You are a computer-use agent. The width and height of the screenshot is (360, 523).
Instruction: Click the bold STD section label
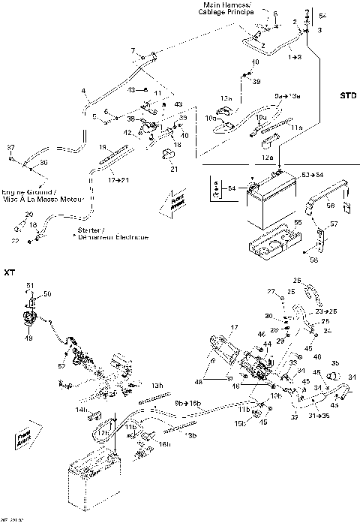point(347,96)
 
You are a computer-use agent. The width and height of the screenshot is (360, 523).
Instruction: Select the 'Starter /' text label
point(90,230)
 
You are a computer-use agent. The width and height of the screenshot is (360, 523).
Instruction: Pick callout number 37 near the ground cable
point(11,148)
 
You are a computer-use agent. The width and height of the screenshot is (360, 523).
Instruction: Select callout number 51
point(31,284)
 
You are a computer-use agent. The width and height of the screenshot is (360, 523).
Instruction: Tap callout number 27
point(272,290)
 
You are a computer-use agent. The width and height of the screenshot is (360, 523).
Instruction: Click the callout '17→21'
point(115,180)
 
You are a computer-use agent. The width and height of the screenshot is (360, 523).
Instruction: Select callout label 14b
point(81,409)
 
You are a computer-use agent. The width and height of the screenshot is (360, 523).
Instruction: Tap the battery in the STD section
point(267,203)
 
